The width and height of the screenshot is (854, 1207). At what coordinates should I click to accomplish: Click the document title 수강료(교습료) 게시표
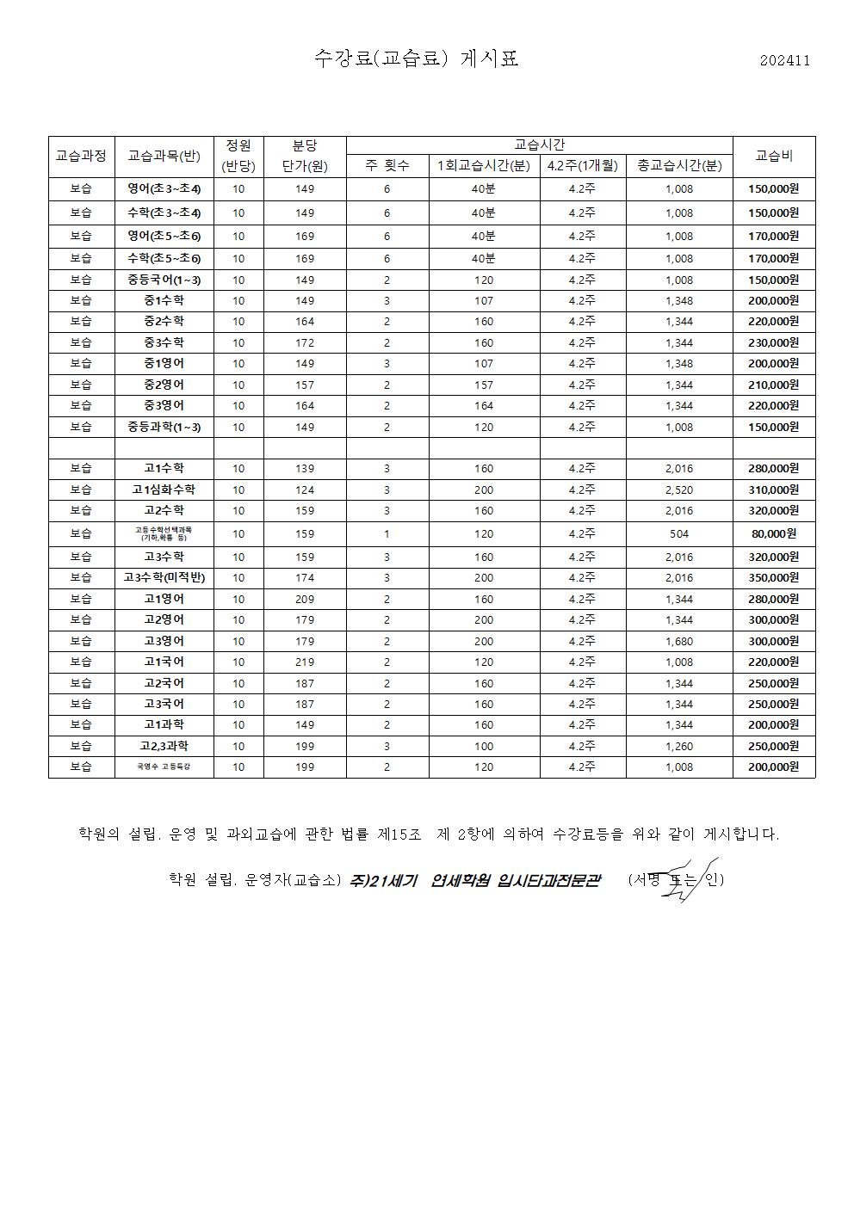pos(417,59)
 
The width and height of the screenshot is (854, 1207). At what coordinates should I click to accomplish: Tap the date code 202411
pos(784,60)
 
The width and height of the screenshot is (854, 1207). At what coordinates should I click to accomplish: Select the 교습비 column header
pos(773,157)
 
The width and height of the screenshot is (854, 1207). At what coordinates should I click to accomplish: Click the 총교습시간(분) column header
pos(679,166)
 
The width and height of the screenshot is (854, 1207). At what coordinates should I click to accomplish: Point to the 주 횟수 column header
pos(387,166)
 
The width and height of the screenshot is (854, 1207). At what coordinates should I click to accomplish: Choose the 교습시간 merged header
pos(539,145)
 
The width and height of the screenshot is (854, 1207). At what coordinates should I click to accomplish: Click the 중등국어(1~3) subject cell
pos(164,280)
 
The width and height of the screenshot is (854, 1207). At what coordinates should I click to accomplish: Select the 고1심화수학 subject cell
pos(164,490)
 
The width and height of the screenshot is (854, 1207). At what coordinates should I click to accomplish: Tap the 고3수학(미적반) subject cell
pos(164,577)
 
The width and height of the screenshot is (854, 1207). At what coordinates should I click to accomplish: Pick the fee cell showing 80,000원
pos(773,533)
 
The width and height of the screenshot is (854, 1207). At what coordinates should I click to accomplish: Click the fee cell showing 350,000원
pos(773,577)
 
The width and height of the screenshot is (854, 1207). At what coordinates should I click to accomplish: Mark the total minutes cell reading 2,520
pos(679,490)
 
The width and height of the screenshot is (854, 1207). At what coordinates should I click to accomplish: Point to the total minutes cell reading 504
pos(679,533)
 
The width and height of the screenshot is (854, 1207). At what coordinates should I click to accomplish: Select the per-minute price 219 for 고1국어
pos(305,662)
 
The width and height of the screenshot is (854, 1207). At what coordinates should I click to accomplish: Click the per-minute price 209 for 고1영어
pos(305,599)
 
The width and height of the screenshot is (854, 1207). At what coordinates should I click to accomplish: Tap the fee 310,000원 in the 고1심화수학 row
pos(773,490)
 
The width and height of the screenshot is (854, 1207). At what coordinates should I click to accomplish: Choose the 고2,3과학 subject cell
pos(164,746)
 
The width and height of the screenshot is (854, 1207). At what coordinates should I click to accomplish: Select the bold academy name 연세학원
pos(461,880)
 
